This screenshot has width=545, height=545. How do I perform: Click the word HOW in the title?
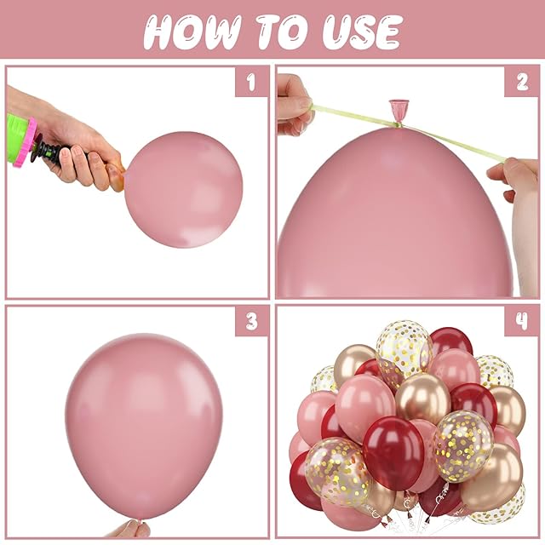193,32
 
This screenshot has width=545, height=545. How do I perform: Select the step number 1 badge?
251,82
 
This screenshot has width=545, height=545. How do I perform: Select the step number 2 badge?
522,82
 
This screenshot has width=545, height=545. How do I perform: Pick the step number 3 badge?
251,321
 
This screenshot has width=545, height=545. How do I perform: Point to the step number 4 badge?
522,321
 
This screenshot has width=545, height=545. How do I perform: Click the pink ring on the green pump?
25,142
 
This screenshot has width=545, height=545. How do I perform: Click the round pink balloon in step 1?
183,189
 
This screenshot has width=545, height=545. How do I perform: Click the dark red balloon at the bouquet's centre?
393,453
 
